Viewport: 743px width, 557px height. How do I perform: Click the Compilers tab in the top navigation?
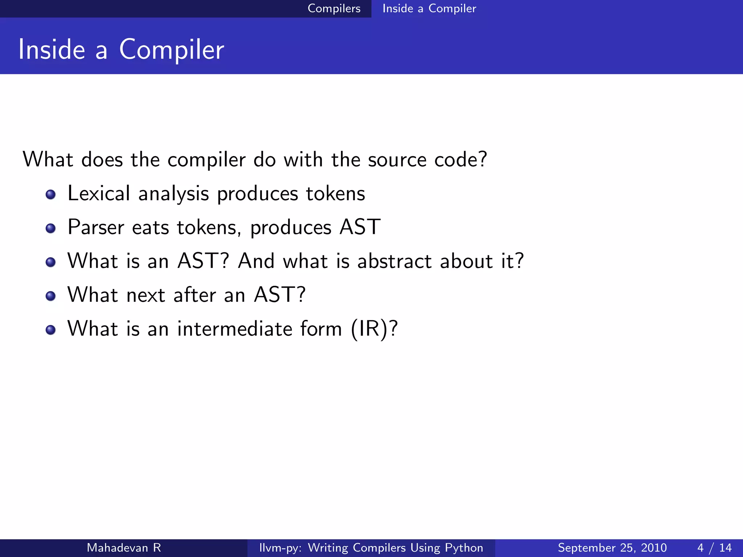[334, 8]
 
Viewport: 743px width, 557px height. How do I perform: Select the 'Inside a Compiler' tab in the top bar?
[429, 8]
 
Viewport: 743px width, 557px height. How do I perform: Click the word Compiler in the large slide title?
[171, 50]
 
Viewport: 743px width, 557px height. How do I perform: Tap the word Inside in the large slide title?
[52, 50]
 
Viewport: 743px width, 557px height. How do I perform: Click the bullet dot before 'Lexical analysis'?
[51, 194]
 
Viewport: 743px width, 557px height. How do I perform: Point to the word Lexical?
[99, 193]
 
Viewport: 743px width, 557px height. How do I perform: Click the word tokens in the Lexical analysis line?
[335, 193]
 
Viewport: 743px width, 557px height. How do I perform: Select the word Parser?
[96, 227]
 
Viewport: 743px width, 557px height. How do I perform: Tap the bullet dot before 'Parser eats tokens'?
[51, 228]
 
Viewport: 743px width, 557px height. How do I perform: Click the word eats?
[151, 228]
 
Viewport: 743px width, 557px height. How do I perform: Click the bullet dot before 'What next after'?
[51, 296]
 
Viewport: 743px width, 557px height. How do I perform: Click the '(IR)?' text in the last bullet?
[374, 329]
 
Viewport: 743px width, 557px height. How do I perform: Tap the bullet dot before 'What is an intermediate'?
[51, 330]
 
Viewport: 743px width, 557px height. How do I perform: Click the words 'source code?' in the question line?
[427, 160]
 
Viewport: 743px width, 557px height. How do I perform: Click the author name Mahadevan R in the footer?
[124, 548]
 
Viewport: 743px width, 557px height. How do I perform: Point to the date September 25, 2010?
[612, 548]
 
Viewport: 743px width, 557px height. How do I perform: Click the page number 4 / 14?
[714, 548]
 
